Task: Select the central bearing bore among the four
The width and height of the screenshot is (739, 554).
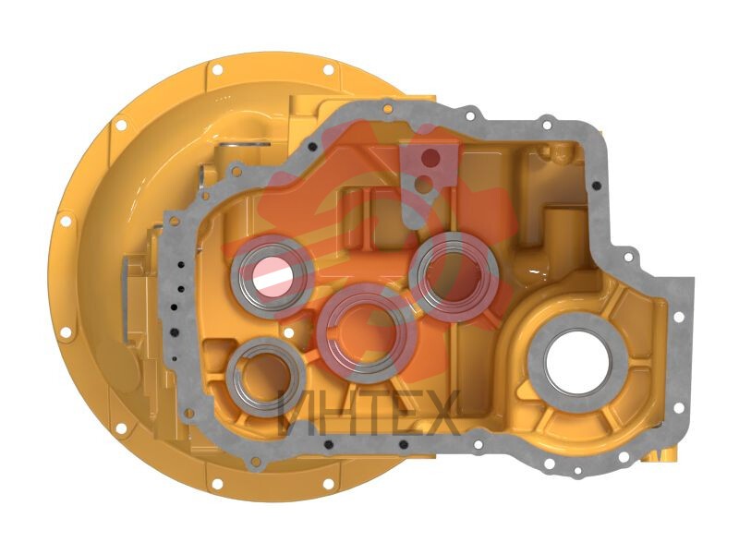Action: tap(367, 330)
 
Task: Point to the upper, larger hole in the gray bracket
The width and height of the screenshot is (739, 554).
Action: tap(430, 158)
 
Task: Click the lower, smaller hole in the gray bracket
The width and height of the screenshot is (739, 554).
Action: tap(425, 184)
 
